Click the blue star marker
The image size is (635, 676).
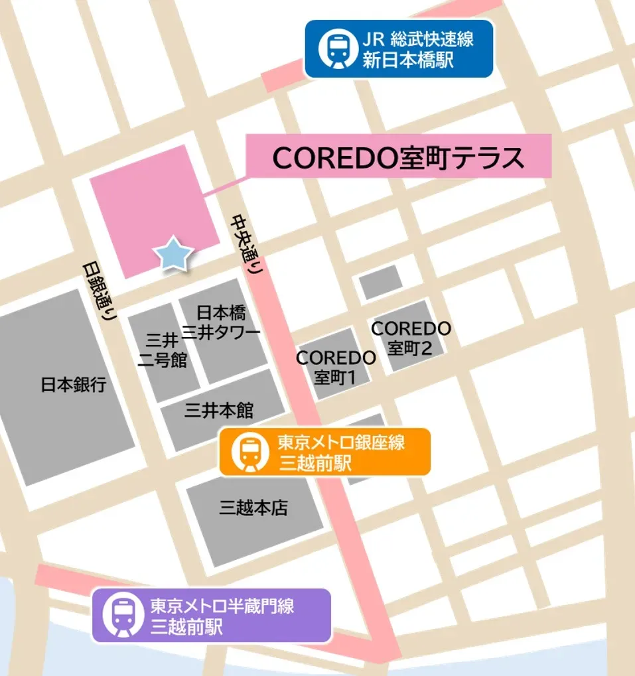[173, 253]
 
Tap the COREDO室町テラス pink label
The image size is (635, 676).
[399, 158]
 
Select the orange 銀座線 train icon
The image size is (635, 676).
[249, 452]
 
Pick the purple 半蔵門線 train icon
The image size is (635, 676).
[121, 616]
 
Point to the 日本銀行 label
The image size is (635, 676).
[73, 385]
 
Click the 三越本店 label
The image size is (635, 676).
[253, 508]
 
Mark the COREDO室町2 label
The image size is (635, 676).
[411, 338]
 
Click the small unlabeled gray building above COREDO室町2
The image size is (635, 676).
[381, 282]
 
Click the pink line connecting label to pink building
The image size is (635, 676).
[224, 186]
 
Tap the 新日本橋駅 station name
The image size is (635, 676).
[408, 60]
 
